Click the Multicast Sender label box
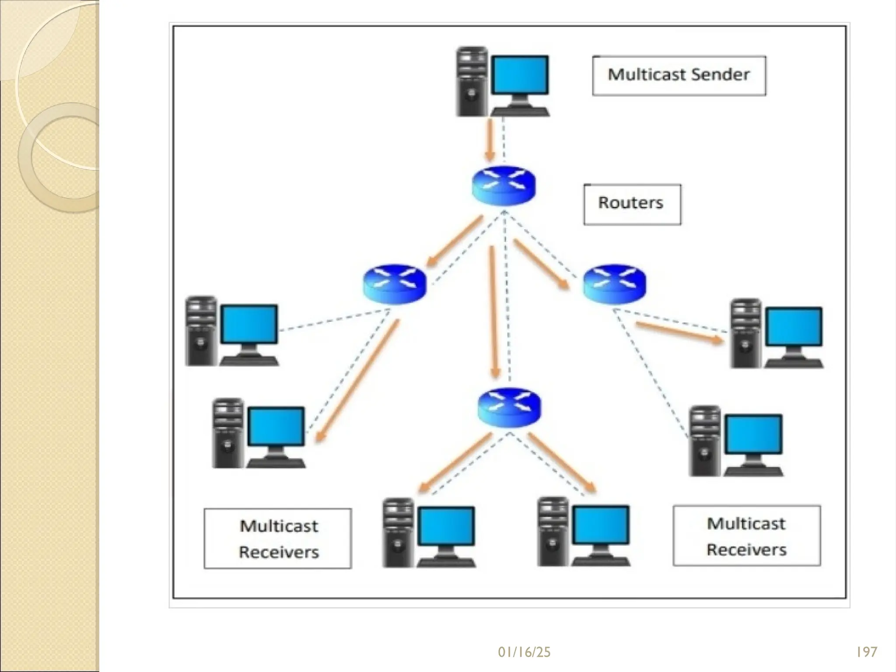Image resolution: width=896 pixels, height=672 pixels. (x=679, y=75)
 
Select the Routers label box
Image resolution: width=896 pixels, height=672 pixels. (x=632, y=204)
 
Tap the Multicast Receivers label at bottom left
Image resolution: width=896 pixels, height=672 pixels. (x=278, y=538)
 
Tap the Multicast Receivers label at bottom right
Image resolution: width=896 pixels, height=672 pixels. (x=746, y=536)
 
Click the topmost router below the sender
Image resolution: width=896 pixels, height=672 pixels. (x=504, y=185)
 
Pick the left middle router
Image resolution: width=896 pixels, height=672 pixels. (x=394, y=284)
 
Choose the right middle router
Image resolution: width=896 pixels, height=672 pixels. (x=614, y=284)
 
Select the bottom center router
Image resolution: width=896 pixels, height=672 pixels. (x=509, y=409)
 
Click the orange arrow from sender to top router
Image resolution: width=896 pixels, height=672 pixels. (x=490, y=140)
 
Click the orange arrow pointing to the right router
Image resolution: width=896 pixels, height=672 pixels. (x=541, y=264)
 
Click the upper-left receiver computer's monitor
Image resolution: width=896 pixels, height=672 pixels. (x=249, y=324)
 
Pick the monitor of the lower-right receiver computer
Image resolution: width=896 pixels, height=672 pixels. (x=753, y=434)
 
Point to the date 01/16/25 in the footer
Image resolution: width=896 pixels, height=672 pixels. (x=524, y=652)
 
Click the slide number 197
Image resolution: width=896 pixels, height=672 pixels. (x=866, y=652)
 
